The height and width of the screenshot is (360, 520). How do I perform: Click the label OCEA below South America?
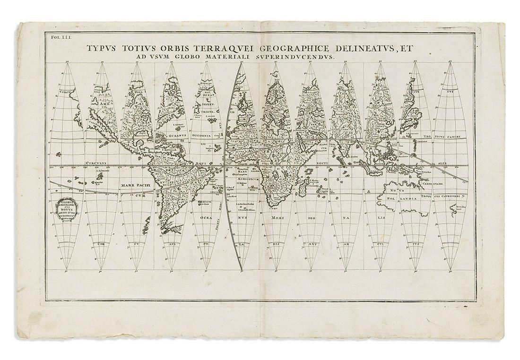(205, 217)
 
